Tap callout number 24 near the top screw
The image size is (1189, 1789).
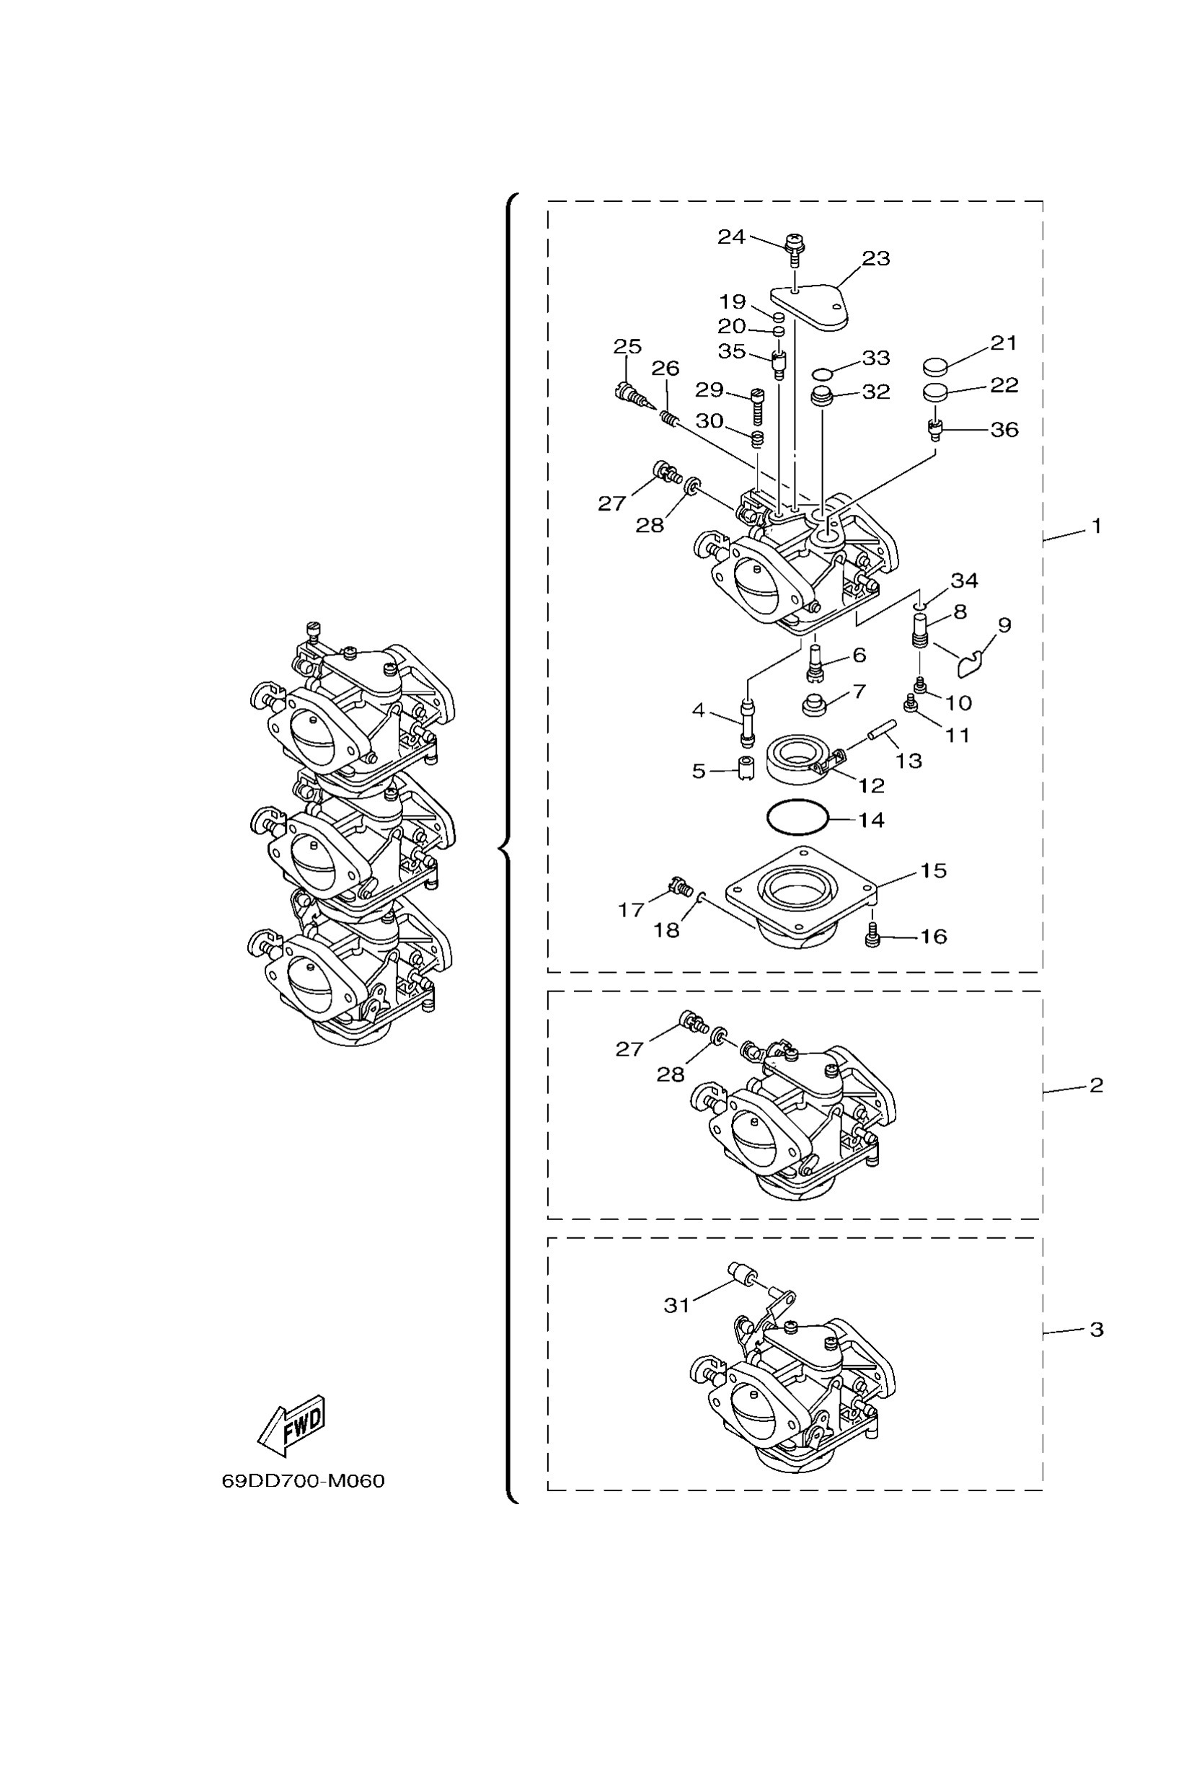[731, 237]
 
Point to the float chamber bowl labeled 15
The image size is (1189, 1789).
[800, 895]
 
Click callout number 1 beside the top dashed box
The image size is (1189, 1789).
[1096, 526]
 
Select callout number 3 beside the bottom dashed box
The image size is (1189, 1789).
[1096, 1330]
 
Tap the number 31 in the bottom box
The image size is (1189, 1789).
[676, 1304]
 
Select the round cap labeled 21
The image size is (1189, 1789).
[936, 367]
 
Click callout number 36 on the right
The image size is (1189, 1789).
[1004, 430]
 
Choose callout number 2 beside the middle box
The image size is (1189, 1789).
[1096, 1085]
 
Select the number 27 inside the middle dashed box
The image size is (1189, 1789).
[629, 1049]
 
